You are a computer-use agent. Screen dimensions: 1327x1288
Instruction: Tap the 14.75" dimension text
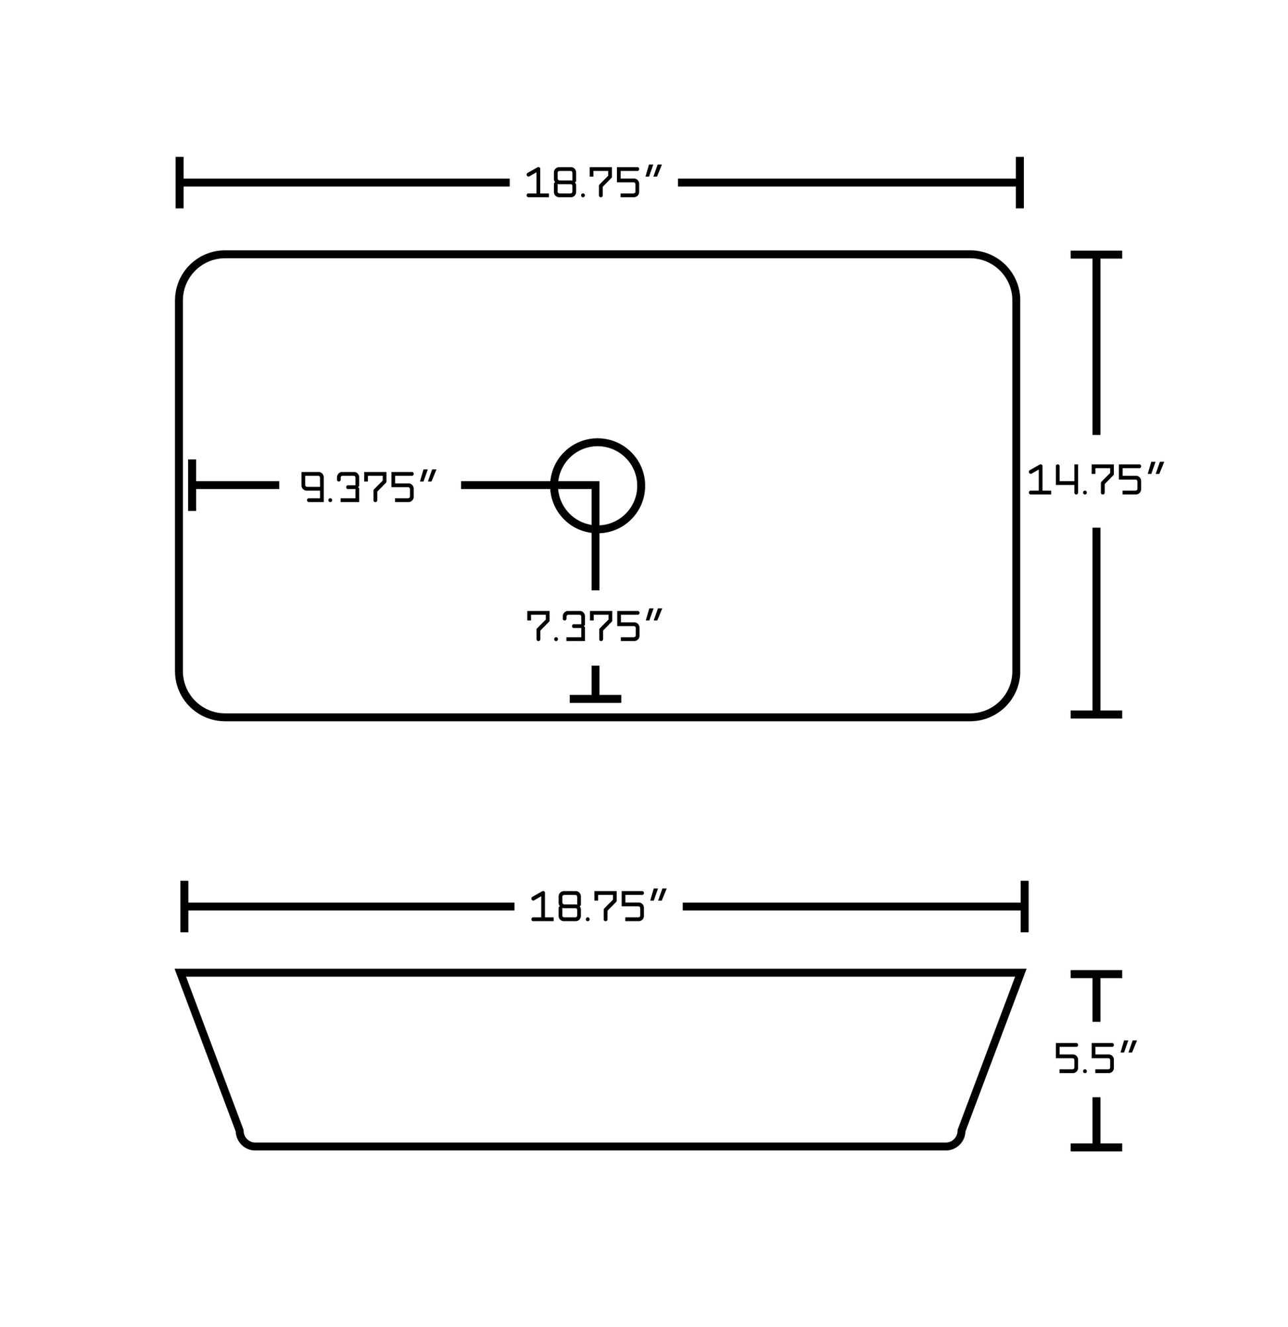[1095, 480]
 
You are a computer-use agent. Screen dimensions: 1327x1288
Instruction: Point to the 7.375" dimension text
[594, 625]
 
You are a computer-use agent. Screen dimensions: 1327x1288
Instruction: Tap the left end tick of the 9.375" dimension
[193, 485]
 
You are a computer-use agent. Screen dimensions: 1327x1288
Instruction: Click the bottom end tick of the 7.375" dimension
[595, 698]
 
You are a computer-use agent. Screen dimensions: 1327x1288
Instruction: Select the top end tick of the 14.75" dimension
[1095, 255]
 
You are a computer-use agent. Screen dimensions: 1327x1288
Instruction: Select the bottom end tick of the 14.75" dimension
[1095, 714]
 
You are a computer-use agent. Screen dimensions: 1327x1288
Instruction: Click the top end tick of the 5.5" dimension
[1095, 974]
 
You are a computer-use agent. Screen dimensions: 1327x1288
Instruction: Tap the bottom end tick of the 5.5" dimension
[1095, 1147]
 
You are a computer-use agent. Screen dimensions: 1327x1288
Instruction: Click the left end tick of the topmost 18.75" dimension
[179, 182]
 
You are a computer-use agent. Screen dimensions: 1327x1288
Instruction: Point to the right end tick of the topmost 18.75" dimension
[1019, 182]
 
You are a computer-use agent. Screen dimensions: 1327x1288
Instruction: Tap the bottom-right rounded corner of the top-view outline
[1003, 703]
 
